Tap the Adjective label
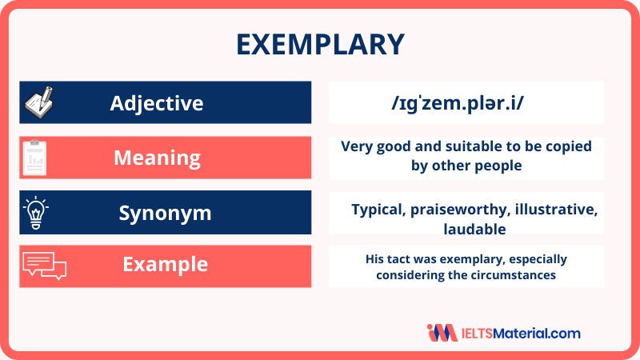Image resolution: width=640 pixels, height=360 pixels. click(157, 103)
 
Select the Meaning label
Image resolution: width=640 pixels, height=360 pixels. click(157, 158)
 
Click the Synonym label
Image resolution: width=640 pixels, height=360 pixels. click(165, 213)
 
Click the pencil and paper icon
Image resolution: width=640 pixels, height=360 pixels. click(38, 103)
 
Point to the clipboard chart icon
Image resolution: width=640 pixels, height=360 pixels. click(34, 158)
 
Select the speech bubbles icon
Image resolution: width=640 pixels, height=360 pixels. click(45, 265)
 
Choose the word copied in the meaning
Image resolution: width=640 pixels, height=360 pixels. click(570, 146)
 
